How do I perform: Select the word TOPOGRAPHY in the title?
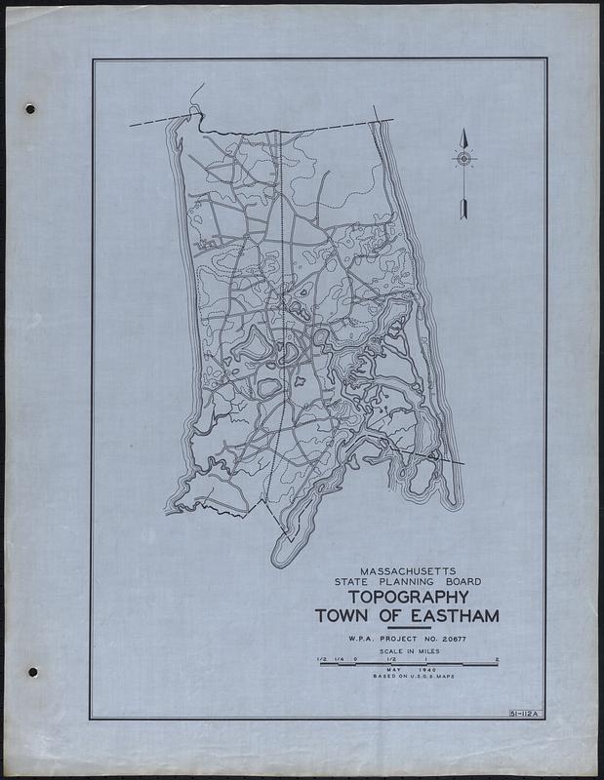[402, 596]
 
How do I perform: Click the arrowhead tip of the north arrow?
[464, 133]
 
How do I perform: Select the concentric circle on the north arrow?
[464, 157]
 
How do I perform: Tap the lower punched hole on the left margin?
[32, 672]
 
